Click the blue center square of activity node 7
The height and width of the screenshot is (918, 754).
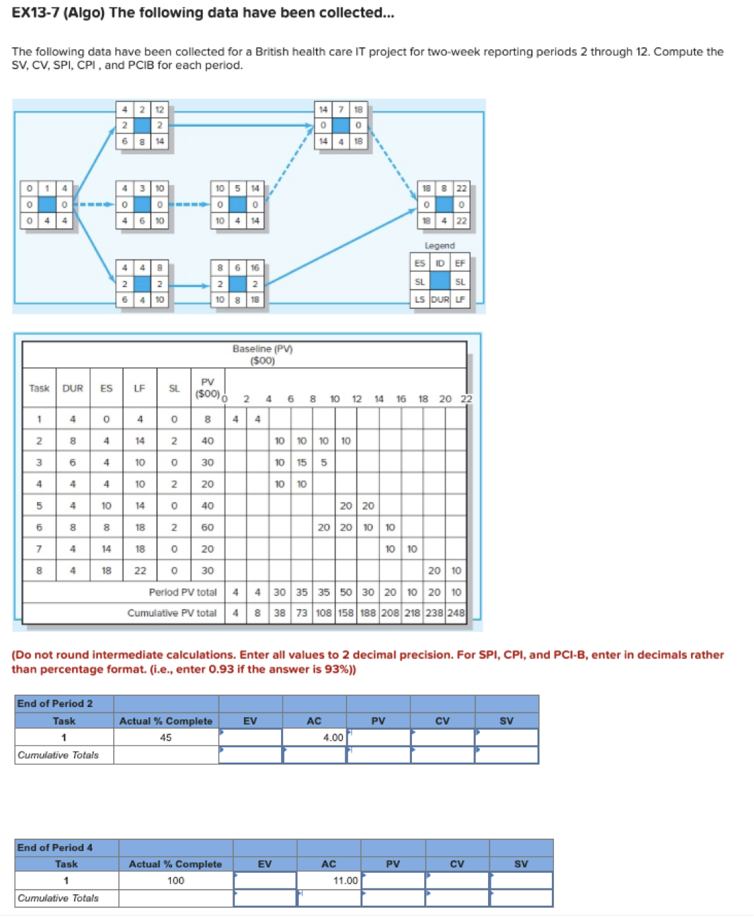[341, 125]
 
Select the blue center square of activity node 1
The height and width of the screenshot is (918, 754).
[47, 204]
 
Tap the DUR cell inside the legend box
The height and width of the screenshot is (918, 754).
[440, 299]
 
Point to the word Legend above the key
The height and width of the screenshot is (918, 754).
[439, 245]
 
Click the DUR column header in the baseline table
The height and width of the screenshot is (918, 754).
[73, 388]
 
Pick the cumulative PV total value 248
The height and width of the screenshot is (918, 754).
[456, 613]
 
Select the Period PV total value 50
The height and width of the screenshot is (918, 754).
[345, 592]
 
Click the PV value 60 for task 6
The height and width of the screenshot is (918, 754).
[207, 527]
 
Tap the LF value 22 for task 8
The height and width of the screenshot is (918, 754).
[140, 570]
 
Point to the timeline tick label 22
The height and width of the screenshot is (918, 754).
[466, 399]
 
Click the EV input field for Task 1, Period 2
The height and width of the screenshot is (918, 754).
[250, 737]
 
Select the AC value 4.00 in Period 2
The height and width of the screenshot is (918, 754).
[332, 737]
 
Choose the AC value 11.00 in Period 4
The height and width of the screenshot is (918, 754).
[345, 880]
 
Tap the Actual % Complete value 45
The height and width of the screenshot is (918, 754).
[166, 737]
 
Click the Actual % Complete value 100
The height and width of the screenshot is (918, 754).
[175, 880]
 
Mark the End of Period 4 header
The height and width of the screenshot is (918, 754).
[55, 847]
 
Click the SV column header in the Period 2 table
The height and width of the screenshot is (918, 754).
[506, 721]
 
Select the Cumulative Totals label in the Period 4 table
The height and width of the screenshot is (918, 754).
[58, 897]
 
